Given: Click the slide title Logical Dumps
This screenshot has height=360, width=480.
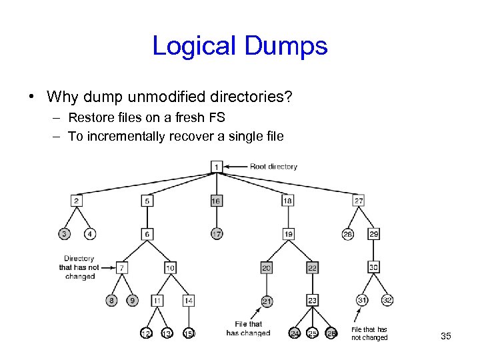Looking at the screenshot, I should (x=239, y=46).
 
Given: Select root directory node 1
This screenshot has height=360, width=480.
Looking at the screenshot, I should (x=217, y=166).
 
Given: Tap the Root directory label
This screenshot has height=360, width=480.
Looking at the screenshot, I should (x=273, y=166).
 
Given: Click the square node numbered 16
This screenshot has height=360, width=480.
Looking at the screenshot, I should (x=216, y=200).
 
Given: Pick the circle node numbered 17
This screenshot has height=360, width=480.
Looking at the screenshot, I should (x=217, y=234).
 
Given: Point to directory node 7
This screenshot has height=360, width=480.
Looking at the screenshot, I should (x=122, y=267).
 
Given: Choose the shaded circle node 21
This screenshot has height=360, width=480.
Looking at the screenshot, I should (x=267, y=301).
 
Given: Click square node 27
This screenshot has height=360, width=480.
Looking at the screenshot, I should (x=359, y=200).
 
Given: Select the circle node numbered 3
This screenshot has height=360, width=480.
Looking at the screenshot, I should (x=64, y=234).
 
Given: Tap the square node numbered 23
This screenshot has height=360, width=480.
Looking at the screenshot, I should (x=312, y=301).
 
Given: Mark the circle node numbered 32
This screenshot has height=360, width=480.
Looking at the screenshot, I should (x=387, y=300).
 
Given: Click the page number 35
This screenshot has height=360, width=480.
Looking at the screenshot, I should (x=446, y=336).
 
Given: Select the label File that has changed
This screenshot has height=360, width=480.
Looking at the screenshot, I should (x=248, y=329).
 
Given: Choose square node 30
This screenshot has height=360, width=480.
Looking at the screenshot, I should (x=373, y=267).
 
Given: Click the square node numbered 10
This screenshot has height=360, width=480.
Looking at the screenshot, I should (x=170, y=267).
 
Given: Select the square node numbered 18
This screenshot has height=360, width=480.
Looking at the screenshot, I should (x=287, y=200).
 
